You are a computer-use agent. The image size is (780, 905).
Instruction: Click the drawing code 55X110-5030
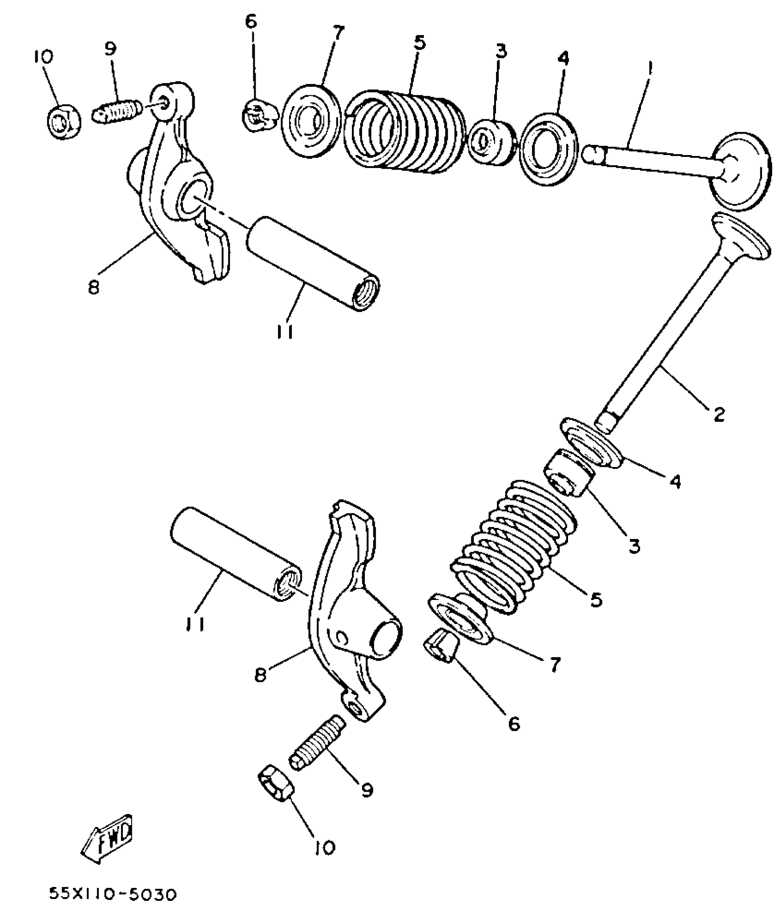(113, 894)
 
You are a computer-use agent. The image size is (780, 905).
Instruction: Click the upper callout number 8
(94, 288)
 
